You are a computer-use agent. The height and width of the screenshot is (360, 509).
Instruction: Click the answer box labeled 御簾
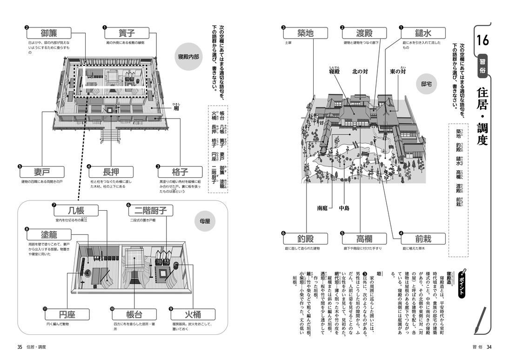click(49, 33)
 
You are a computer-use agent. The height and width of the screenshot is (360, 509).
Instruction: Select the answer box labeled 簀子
click(127, 33)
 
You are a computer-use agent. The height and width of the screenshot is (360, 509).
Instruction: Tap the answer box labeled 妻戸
click(42, 171)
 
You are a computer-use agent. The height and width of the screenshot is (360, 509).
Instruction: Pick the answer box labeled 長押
click(111, 171)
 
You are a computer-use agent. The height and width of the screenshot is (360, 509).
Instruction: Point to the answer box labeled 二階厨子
click(150, 211)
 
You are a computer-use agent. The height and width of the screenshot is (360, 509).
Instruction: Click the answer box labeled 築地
click(305, 33)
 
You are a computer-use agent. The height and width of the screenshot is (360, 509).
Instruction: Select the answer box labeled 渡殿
click(364, 33)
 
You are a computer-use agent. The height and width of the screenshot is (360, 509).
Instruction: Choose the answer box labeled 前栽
click(423, 239)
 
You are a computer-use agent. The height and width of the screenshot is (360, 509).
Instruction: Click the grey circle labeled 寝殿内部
click(188, 57)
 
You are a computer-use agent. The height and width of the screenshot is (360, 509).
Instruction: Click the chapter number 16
click(482, 41)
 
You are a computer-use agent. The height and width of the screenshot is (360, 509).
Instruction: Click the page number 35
click(20, 347)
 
